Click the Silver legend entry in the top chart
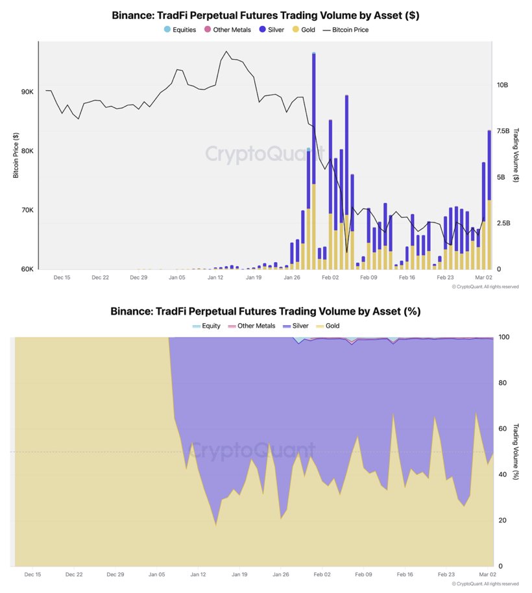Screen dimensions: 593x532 (x=272, y=30)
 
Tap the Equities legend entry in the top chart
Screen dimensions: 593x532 (x=180, y=30)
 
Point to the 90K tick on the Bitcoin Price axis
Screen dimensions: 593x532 (x=27, y=92)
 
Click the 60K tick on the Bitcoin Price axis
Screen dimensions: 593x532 (x=27, y=269)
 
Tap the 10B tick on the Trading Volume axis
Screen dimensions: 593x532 (x=503, y=85)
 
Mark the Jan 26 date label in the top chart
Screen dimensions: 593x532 (x=292, y=277)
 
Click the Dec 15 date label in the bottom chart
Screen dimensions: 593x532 (x=33, y=574)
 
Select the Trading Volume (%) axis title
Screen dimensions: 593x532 (x=516, y=452)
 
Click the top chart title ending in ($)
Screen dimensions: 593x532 (x=265, y=14)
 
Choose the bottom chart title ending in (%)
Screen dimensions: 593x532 (x=265, y=311)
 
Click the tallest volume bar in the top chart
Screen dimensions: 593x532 (x=314, y=156)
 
